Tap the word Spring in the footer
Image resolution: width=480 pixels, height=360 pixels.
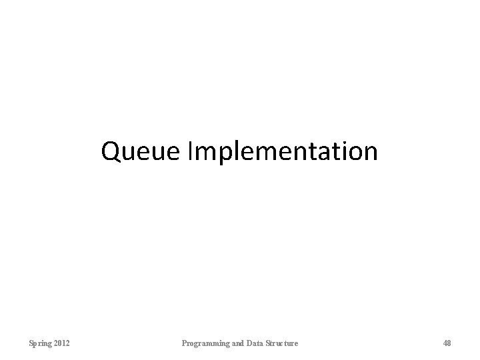[x=39, y=343]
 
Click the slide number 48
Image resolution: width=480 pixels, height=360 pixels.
[x=447, y=343]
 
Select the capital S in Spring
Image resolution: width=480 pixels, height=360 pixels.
[x=31, y=343]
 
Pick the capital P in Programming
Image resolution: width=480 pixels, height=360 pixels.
[x=185, y=343]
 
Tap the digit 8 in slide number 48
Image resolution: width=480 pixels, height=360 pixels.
[x=449, y=343]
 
